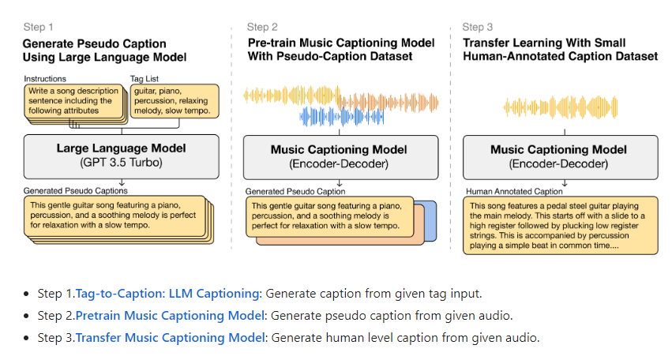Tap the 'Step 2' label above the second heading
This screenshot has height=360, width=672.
click(262, 27)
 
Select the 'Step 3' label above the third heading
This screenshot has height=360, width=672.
click(479, 27)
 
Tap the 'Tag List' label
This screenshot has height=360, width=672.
click(147, 79)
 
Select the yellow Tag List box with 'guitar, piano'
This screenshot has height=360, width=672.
click(173, 102)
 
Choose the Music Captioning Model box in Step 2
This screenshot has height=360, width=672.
click(339, 156)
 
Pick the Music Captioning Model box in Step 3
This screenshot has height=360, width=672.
click(558, 156)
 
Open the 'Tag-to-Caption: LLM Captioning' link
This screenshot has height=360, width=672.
click(167, 294)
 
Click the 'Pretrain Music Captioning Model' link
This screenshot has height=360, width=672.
click(169, 316)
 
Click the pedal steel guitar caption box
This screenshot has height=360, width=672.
click(559, 224)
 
